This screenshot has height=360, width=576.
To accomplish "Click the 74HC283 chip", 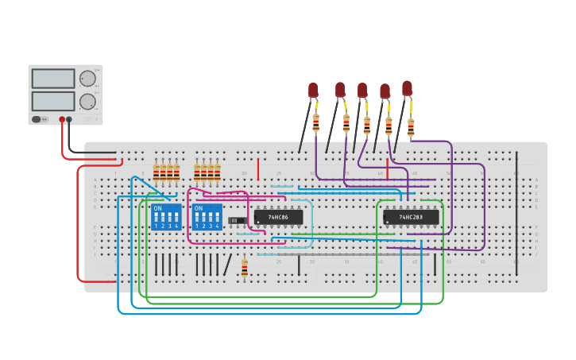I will click(410, 217).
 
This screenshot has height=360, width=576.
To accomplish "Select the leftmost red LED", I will click(313, 90).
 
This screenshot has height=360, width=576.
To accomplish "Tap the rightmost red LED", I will click(407, 87).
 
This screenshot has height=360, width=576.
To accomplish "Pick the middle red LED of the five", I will click(362, 91).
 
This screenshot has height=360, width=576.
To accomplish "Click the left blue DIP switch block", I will click(166, 217).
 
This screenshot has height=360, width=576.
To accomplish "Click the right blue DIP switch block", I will click(207, 217).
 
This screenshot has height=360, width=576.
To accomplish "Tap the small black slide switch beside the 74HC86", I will click(237, 220).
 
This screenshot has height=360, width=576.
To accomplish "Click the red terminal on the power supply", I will click(62, 120).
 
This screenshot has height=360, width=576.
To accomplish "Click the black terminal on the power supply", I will click(69, 120).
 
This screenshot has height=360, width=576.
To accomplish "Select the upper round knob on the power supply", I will click(87, 79).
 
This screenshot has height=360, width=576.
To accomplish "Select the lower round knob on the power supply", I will click(87, 102).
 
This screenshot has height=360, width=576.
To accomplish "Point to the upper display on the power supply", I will click(53, 79).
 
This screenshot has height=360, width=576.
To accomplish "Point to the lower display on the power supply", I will click(53, 102).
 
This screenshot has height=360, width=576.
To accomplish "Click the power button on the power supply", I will click(37, 120).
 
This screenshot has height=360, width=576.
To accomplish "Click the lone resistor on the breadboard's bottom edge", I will click(244, 268).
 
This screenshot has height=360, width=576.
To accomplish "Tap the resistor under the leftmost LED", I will click(316, 122).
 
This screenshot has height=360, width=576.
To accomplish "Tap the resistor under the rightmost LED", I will click(411, 127).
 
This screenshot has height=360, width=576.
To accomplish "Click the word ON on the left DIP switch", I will click(157, 209).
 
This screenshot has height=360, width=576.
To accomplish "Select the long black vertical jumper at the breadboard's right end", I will click(516, 191).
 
